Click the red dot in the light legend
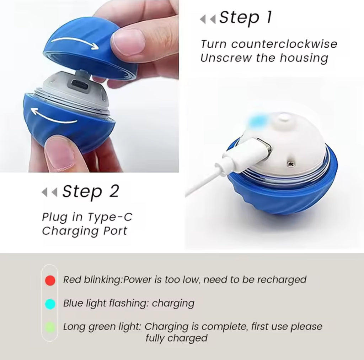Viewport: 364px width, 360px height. click(x=50, y=280)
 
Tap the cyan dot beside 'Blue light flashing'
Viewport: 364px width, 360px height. click(x=50, y=304)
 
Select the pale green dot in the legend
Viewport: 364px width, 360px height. click(x=50, y=327)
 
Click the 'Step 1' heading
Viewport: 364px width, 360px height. click(x=245, y=17)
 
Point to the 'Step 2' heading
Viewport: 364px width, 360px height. click(x=90, y=192)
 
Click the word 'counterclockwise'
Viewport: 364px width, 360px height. click(x=284, y=44)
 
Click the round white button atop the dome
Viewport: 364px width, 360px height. click(x=284, y=118)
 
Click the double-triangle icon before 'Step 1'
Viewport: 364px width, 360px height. click(x=208, y=19)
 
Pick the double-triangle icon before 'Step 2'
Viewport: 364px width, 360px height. click(x=49, y=193)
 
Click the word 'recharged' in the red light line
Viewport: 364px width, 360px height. click(x=282, y=280)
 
